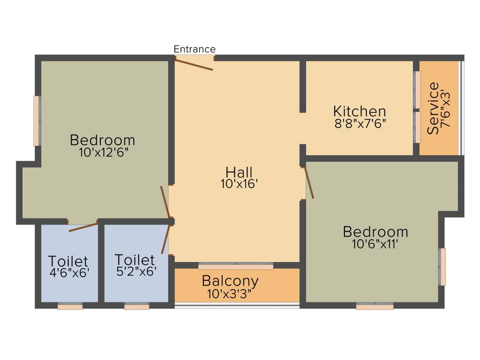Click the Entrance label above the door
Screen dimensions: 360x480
pos(195,49)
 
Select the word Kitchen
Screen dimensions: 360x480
pos(360,112)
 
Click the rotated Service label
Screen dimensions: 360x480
pos(434,109)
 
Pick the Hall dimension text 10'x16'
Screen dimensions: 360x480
pos(240,184)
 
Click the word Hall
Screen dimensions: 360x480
pos(239,172)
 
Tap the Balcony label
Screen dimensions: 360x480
pos(230,281)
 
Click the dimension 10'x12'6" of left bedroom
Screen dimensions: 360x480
pos(103,152)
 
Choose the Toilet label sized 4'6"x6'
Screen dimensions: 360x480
pos(68,261)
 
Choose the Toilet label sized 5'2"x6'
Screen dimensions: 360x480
pos(135,259)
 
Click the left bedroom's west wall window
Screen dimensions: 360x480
pos(37,121)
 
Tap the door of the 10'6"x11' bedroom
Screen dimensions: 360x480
pos(309,182)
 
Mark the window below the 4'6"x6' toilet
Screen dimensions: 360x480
pos(70,306)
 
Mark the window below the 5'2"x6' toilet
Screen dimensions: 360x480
pos(137,306)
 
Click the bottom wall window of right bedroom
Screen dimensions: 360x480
pos(375,306)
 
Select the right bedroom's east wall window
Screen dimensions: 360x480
pos(442,266)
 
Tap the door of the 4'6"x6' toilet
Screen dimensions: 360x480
pos(83,227)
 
